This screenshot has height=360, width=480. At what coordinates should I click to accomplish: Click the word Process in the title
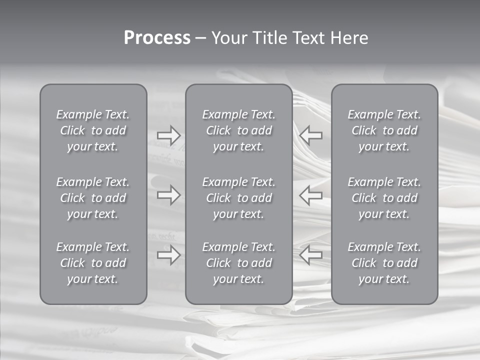pos(157,38)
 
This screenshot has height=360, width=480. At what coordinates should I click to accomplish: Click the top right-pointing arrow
pos(168,135)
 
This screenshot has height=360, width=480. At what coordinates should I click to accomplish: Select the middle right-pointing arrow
pos(168,195)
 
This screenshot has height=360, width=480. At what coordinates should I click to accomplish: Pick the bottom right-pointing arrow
pos(168,255)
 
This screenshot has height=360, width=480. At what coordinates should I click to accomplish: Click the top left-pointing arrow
pos(311,135)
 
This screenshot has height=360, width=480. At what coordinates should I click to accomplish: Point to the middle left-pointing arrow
pos(311,195)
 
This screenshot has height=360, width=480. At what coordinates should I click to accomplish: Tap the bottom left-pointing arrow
pos(311,255)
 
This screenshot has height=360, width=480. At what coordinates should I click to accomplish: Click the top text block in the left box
pos(93,130)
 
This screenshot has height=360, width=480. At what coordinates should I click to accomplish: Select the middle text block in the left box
pos(93,198)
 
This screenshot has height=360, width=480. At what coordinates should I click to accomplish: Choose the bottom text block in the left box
pos(93,263)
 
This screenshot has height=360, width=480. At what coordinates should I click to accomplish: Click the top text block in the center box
pos(239,130)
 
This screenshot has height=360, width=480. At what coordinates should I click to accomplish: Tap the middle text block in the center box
pos(239,198)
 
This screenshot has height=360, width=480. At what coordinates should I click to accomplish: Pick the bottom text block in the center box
pos(239,263)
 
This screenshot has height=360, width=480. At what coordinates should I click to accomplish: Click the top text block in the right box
pos(384,130)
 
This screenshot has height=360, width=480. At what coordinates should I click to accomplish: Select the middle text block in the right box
pos(384,198)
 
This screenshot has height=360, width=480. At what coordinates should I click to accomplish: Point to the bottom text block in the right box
pos(384,263)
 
